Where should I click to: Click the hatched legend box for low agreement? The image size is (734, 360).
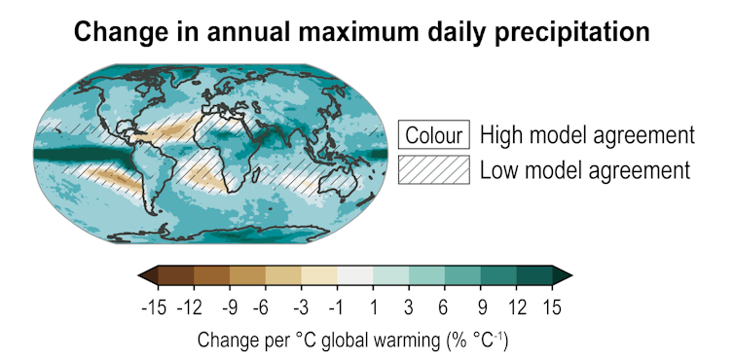click(434, 170)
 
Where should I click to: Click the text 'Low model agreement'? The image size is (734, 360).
click(584, 170)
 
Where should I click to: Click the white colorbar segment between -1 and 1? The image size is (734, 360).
click(355, 275)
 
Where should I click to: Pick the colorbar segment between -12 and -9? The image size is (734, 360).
click(212, 275)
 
